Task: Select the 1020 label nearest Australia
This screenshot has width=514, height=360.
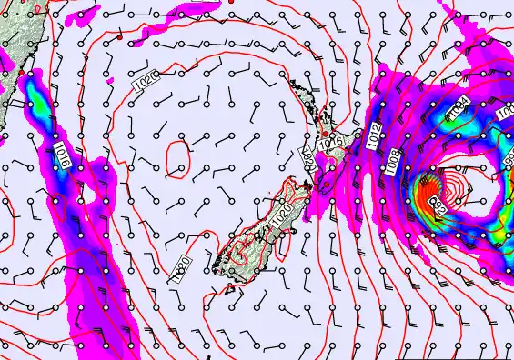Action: (145, 80)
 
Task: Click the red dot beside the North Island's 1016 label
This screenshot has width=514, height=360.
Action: (326, 132)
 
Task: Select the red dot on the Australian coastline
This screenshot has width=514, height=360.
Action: (21, 72)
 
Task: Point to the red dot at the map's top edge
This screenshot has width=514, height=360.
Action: (230, 2)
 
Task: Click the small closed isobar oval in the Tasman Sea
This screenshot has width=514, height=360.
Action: (179, 158)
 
